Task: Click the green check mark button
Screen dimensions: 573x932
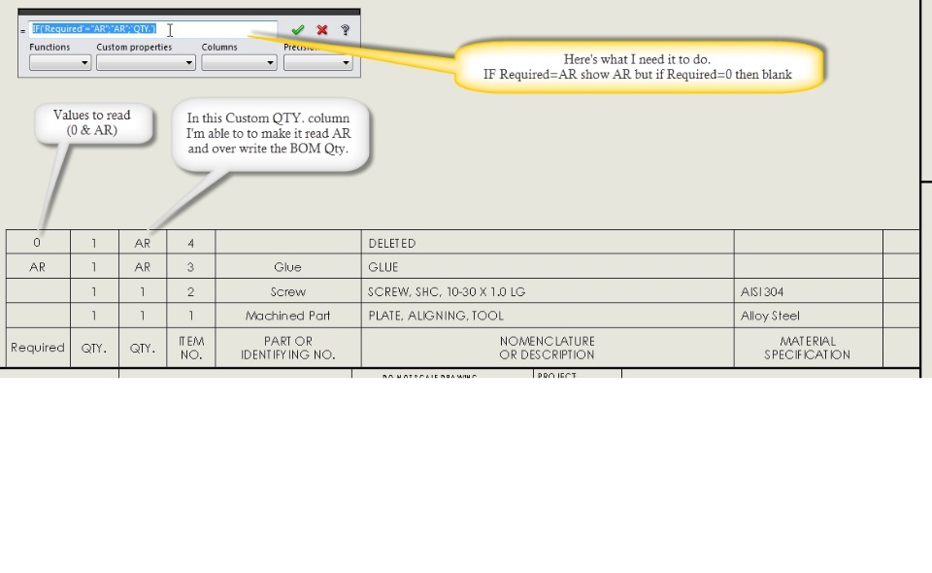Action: (x=298, y=30)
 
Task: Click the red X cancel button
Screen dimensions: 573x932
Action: (x=322, y=30)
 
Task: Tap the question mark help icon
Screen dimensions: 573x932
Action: (x=345, y=30)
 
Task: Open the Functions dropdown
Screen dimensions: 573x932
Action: (x=60, y=63)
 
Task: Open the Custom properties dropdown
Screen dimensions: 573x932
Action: (x=146, y=63)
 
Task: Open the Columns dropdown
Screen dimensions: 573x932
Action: (x=239, y=63)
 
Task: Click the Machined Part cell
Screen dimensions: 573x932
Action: (x=287, y=316)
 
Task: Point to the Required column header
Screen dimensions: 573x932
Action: (x=38, y=348)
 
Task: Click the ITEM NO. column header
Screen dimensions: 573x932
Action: (x=191, y=348)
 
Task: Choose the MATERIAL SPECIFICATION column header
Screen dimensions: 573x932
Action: (x=807, y=348)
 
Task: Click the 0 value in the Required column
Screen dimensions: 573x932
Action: (x=38, y=243)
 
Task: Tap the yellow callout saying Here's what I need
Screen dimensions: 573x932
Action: (x=638, y=67)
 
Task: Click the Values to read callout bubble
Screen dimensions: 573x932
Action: (x=92, y=122)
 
